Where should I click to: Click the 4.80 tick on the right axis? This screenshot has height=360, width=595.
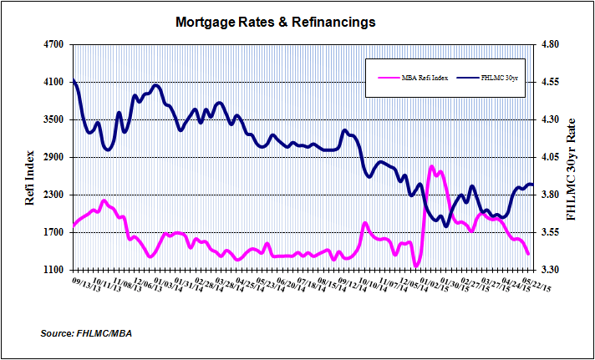pyautogui.click(x=554, y=44)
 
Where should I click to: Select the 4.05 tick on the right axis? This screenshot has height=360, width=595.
pyautogui.click(x=554, y=157)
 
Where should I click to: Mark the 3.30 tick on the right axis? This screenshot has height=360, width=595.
pyautogui.click(x=554, y=270)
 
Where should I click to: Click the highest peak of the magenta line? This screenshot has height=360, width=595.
pyautogui.click(x=432, y=166)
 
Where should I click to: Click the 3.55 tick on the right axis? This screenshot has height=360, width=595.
pyautogui.click(x=554, y=232)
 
